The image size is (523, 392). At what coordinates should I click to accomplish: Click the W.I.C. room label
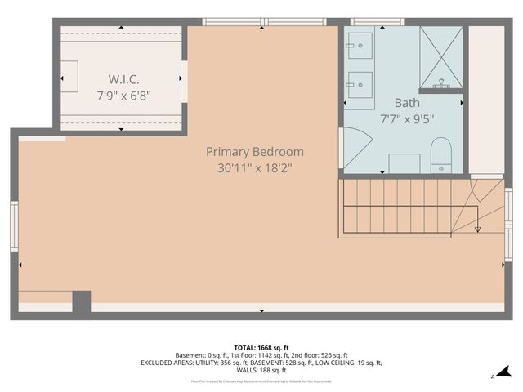pyautogui.click(x=123, y=79)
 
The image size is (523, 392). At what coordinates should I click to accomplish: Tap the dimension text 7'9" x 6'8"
pyautogui.click(x=123, y=95)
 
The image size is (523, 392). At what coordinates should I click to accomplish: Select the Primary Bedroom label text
pyautogui.click(x=254, y=152)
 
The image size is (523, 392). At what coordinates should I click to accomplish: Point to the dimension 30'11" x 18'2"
pyautogui.click(x=254, y=168)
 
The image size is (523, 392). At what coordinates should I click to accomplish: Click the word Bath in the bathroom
pyautogui.click(x=406, y=103)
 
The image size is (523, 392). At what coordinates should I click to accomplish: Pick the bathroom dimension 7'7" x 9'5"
pyautogui.click(x=406, y=119)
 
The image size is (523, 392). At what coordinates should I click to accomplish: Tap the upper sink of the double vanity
pyautogui.click(x=360, y=47)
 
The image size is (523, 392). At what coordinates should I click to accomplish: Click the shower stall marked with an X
pyautogui.click(x=440, y=57)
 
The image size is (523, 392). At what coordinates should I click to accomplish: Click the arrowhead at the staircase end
pyautogui.click(x=478, y=229)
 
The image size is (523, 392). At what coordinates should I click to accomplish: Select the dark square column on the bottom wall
pyautogui.click(x=81, y=301)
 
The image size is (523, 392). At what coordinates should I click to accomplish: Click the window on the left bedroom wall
pyautogui.click(x=14, y=226)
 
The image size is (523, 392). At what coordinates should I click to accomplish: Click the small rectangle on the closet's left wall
pyautogui.click(x=69, y=76)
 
